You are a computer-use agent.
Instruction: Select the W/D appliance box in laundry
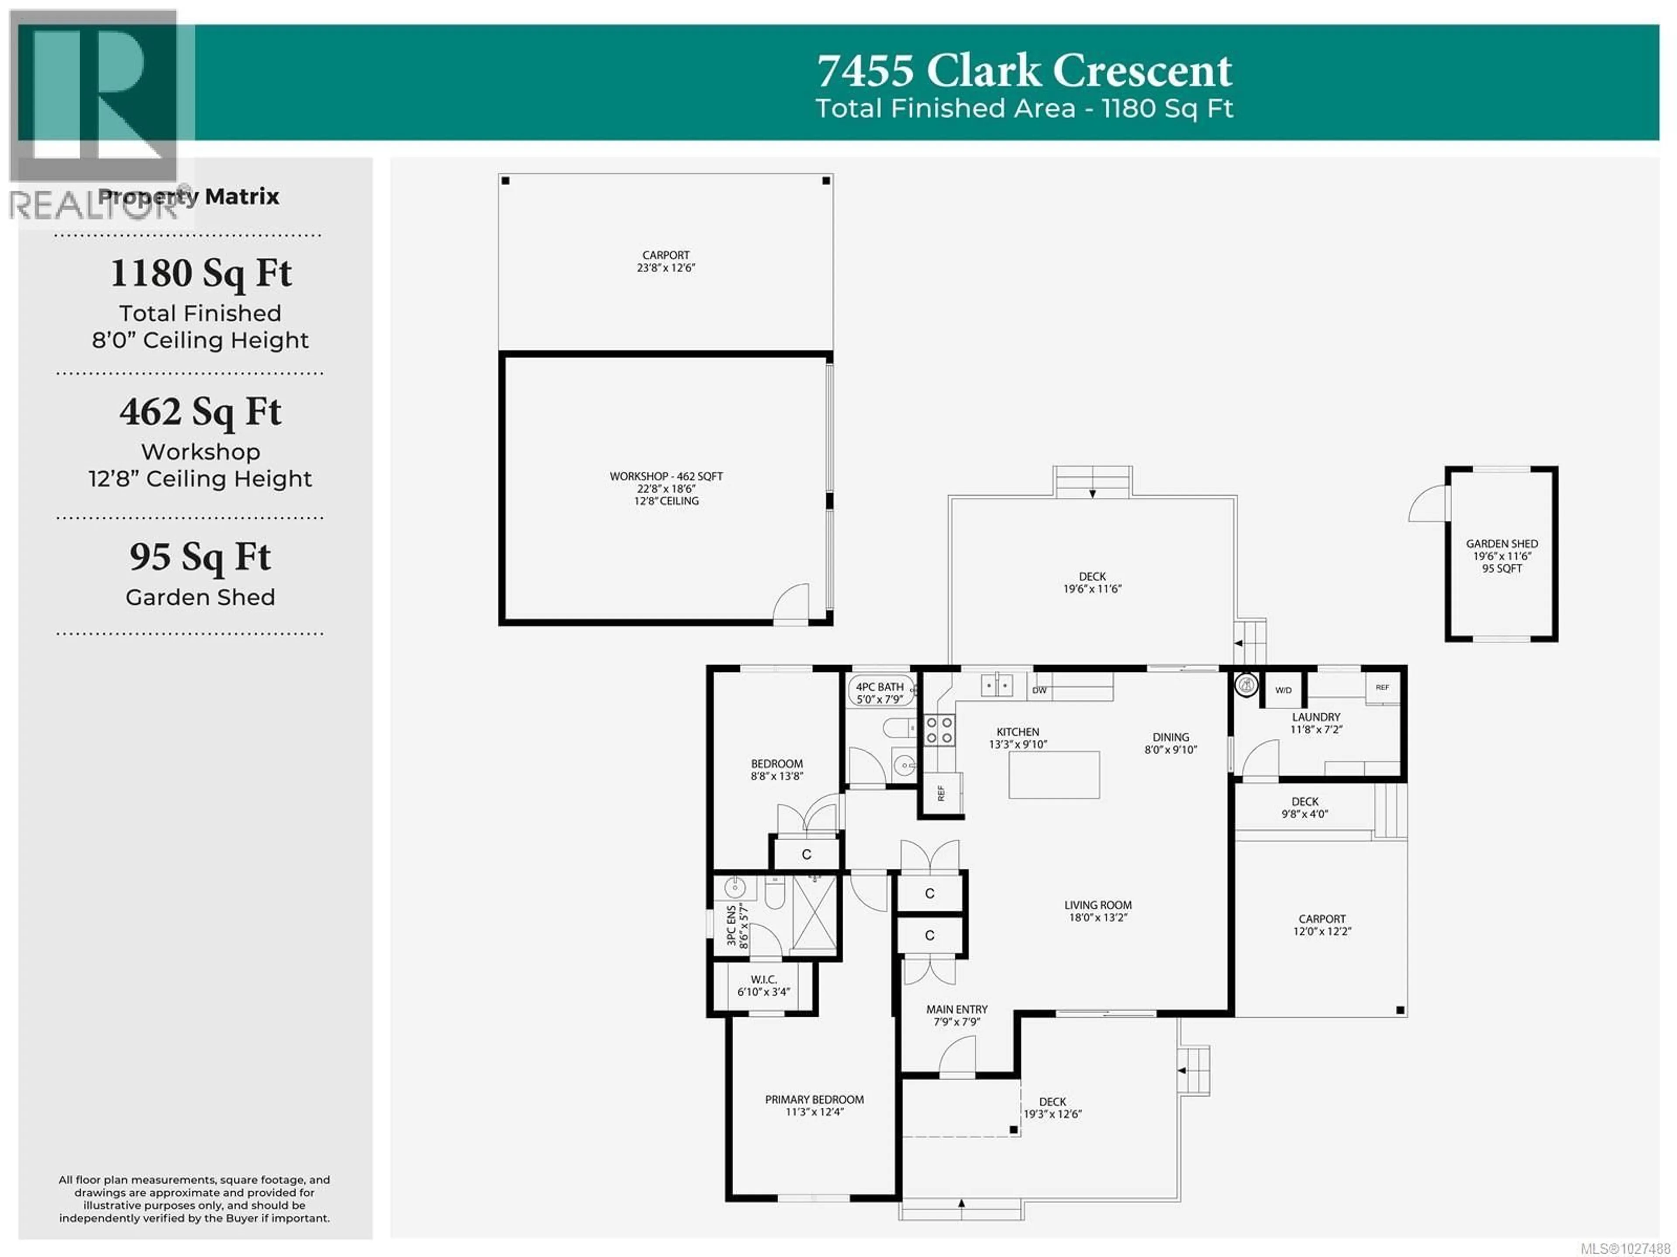point(1283,691)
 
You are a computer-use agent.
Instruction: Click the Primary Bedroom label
point(814,1099)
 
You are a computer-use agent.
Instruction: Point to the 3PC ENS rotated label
point(731,925)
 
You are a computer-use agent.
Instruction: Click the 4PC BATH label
point(880,687)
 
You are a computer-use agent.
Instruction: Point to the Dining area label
point(1170,737)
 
